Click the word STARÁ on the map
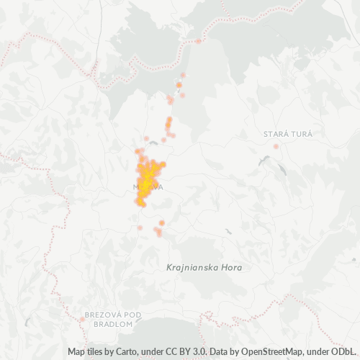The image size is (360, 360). pyautogui.click(x=273, y=134)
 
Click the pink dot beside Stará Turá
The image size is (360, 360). pyautogui.click(x=276, y=147)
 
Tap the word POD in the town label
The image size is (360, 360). pyautogui.click(x=132, y=315)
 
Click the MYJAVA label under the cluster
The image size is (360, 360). pyautogui.click(x=148, y=187)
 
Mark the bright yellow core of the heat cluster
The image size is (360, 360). pyautogui.click(x=147, y=176)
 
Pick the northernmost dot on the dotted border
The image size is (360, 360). pyautogui.click(x=199, y=41)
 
